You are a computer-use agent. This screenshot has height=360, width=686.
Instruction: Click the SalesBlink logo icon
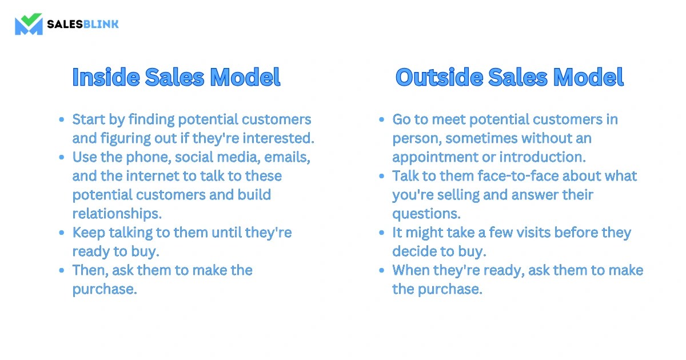pos(29,24)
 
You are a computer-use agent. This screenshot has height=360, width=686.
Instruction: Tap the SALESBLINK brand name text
pos(82,24)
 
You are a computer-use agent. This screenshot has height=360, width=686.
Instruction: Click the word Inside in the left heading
pos(105,77)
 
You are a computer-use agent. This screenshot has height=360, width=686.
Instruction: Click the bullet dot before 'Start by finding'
pos(62,120)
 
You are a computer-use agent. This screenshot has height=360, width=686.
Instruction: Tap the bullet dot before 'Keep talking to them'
pos(62,233)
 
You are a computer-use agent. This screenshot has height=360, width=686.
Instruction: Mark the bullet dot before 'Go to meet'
pos(382,120)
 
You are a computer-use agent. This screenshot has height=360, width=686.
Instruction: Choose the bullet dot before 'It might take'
pos(382,233)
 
